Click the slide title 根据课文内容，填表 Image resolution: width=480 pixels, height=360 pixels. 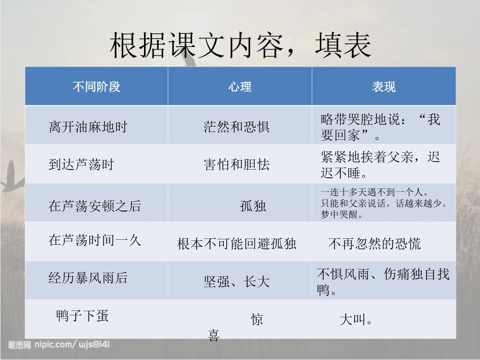coord(241,46)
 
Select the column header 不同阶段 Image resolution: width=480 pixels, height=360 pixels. coord(97,87)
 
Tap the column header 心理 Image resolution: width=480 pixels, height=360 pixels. coord(239,87)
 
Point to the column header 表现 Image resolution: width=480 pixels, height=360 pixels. coord(383,87)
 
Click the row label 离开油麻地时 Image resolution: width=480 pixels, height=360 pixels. coord(87,126)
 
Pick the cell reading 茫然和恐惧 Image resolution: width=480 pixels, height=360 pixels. coord(236,126)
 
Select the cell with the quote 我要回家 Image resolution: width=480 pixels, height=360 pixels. coord(380,127)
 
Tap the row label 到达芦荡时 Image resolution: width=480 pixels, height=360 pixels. coord(81,165)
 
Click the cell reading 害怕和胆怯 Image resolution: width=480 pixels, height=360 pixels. coord(236,165)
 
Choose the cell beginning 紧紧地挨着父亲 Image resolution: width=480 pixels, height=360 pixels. coord(380,165)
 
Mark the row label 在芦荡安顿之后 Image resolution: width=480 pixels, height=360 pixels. coord(94,206)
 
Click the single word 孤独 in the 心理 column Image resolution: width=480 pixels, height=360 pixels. coord(253,206)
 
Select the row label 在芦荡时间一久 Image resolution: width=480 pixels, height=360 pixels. coord(94,240)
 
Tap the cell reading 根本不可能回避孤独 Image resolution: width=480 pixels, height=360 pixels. coord(236,244)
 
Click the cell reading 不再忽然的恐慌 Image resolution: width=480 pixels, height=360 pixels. coord(374,244)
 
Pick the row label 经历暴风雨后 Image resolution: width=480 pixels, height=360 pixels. coord(88,278)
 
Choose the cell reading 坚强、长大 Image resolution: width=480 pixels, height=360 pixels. coord(236,282)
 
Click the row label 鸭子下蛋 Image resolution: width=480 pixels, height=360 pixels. coord(82,317)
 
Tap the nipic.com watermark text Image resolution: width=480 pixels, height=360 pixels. coord(59,345)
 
